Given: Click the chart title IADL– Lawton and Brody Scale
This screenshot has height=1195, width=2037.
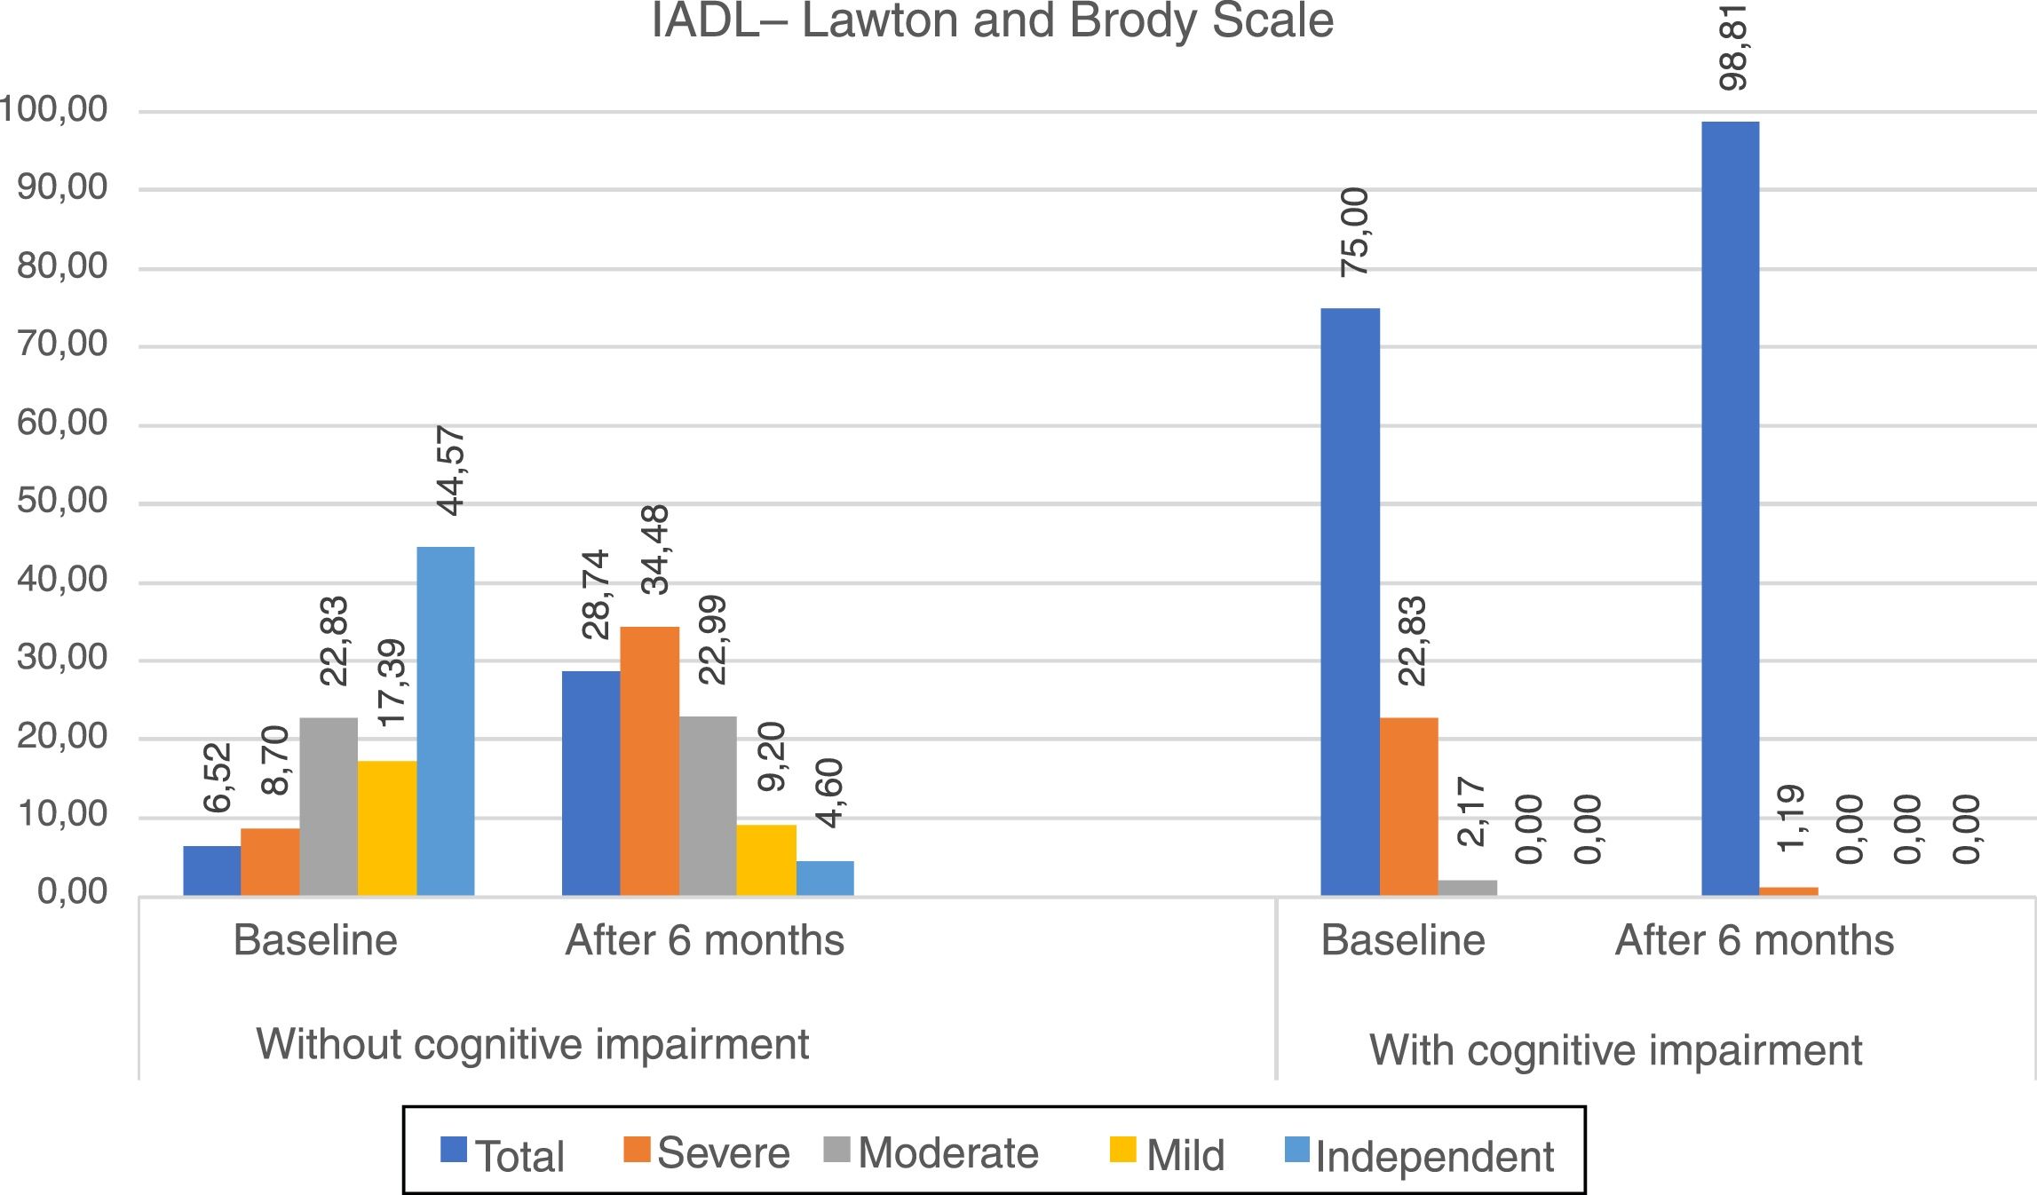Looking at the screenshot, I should click(x=992, y=21).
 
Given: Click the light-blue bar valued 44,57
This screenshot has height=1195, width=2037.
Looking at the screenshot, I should click(x=446, y=721).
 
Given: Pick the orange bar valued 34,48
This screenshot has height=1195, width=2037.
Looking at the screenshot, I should click(x=650, y=761).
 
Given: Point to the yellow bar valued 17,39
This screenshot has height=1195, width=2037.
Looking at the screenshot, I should click(x=387, y=827).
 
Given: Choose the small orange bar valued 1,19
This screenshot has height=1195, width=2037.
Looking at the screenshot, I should click(x=1788, y=890).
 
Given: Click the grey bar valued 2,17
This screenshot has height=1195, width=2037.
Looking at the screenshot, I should click(x=1467, y=887).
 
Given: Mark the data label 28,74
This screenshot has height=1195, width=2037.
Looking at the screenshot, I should click(x=596, y=594).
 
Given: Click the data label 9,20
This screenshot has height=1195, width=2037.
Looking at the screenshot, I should click(x=772, y=756).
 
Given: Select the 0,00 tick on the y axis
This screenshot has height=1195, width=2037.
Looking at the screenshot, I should click(x=73, y=892).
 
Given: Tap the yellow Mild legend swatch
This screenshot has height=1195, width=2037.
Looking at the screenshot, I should click(x=1122, y=1150).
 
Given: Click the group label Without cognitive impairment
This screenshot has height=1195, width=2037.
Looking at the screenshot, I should click(x=533, y=1044).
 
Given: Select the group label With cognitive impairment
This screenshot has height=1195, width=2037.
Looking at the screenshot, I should click(x=1615, y=1050).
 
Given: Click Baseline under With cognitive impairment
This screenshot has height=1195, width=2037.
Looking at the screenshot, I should click(x=1403, y=940).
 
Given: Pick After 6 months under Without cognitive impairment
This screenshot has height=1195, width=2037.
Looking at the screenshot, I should click(x=705, y=940).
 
